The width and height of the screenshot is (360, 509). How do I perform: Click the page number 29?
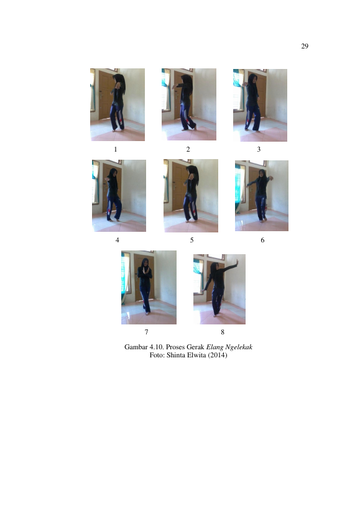pos(305,46)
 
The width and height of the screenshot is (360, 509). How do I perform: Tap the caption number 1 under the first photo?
pos(115,149)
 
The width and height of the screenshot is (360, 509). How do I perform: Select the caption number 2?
pos(188,149)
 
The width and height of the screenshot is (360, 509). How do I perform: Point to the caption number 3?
pos(259,149)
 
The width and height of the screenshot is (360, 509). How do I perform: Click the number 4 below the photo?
pos(117,241)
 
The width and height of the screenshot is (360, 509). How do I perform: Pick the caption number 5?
pos(192,241)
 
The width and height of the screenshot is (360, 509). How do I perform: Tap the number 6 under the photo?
pos(262,241)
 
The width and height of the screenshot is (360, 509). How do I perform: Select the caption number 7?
pos(146,332)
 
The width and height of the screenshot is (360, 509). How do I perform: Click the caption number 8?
pos(223,332)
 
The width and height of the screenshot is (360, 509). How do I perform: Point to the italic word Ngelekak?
pos(239,347)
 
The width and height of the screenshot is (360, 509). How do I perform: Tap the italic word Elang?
pos(215,347)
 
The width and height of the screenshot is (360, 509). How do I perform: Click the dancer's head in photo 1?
pos(119,79)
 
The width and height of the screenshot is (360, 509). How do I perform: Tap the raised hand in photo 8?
pos(237,262)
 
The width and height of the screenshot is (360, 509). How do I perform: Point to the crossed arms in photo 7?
pos(144,272)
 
